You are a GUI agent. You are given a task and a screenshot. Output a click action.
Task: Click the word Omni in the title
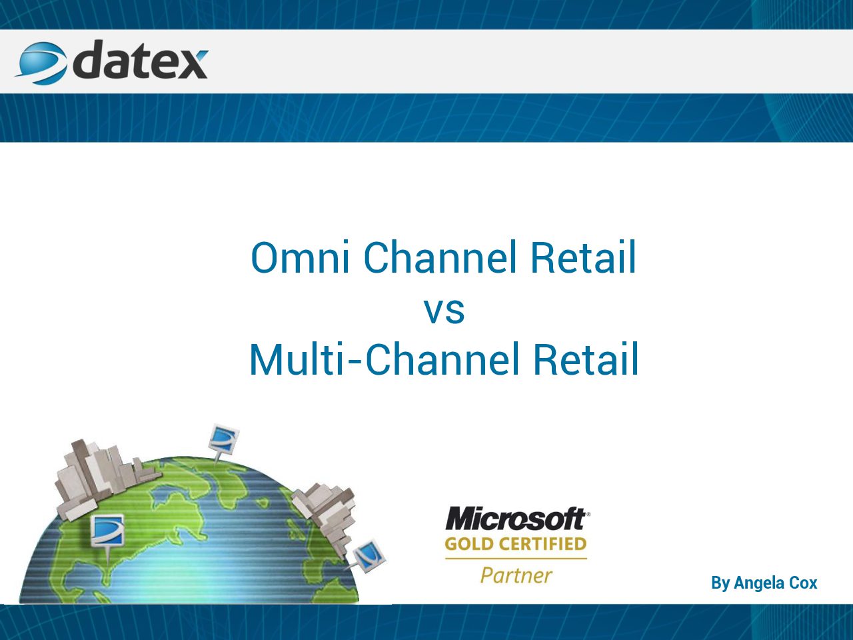pyautogui.click(x=300, y=257)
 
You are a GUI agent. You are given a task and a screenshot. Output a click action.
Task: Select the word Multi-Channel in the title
pyautogui.click(x=385, y=359)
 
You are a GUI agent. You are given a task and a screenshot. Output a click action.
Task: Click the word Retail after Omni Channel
pyautogui.click(x=583, y=257)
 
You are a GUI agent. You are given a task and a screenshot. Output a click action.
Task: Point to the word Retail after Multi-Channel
pyautogui.click(x=586, y=359)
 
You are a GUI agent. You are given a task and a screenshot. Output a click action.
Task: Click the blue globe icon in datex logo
pyautogui.click(x=41, y=63)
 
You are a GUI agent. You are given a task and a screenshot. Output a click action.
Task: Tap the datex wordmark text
pyautogui.click(x=141, y=61)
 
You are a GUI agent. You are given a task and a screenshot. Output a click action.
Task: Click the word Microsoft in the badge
pyautogui.click(x=516, y=519)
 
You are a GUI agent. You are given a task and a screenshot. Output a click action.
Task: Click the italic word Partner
pyautogui.click(x=516, y=575)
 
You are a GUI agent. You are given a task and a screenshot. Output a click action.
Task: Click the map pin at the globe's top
pyautogui.click(x=223, y=443)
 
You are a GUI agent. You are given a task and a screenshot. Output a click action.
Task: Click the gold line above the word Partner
pyautogui.click(x=516, y=559)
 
